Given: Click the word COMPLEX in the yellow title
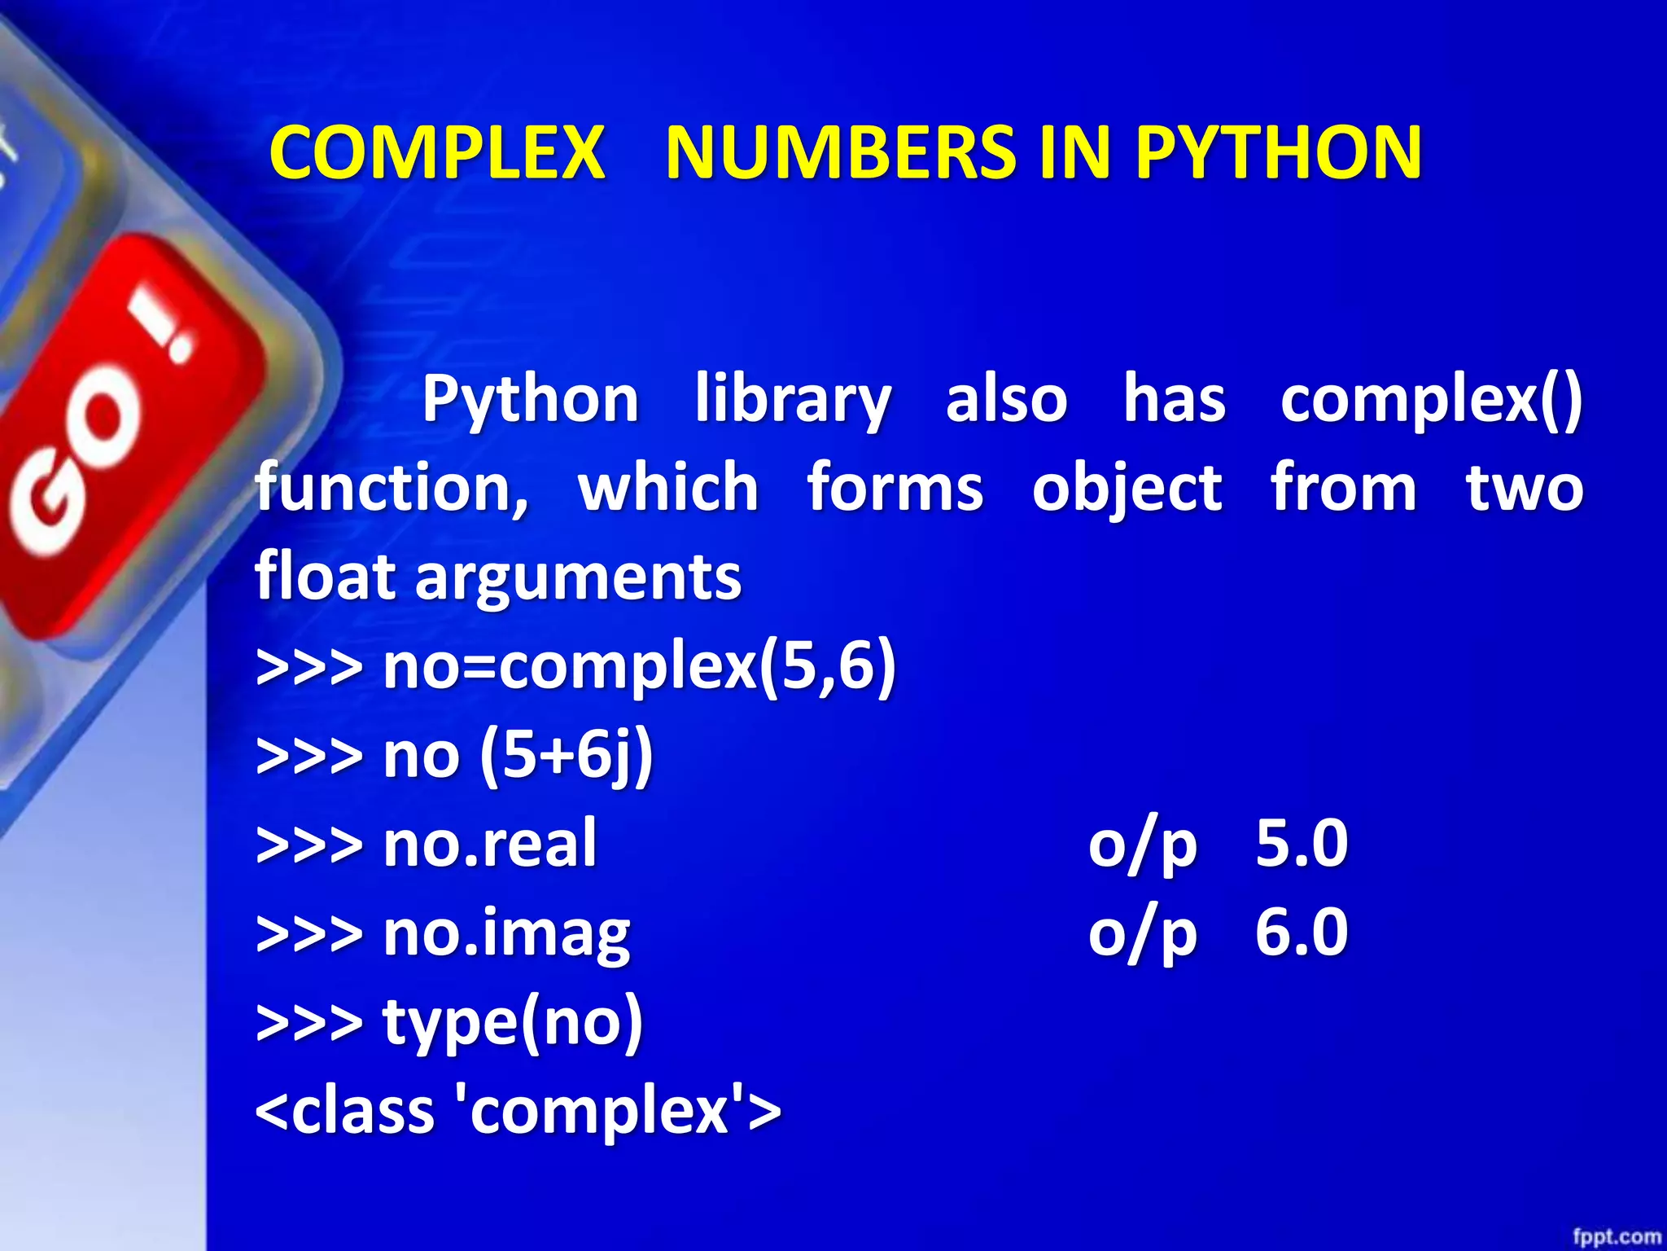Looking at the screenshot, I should (x=437, y=152).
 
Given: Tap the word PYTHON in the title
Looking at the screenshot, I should (x=1279, y=152).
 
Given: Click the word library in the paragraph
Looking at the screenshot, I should (x=794, y=401).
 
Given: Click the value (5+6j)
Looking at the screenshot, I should (x=567, y=756).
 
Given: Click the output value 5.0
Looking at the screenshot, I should (x=1301, y=844).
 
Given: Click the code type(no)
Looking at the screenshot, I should (x=513, y=1022).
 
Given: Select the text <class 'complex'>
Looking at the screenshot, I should (x=518, y=1111).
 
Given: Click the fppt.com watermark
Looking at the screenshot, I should (x=1616, y=1237).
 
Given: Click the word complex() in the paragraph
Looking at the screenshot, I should (x=1431, y=401).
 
